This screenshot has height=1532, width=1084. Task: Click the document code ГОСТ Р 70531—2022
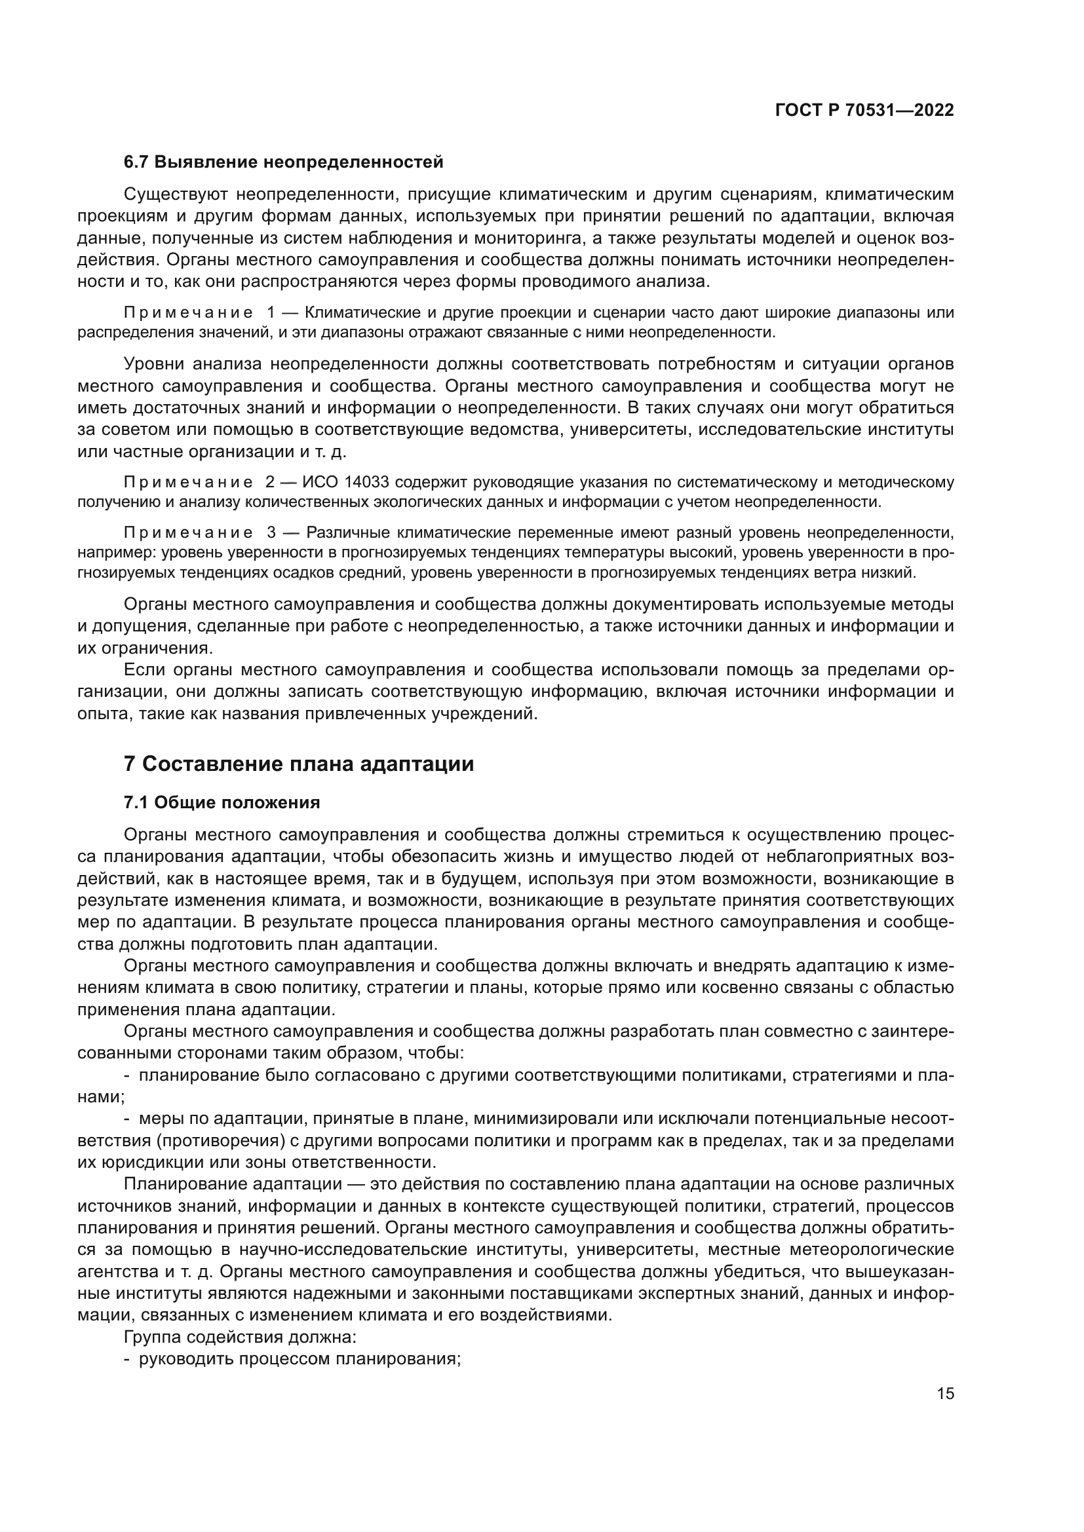(x=864, y=111)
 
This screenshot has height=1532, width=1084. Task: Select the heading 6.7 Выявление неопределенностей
(x=283, y=162)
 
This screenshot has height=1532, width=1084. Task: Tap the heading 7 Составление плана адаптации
(x=298, y=763)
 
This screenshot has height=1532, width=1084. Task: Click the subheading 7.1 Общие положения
(x=222, y=803)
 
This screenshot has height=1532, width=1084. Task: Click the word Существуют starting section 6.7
(x=176, y=194)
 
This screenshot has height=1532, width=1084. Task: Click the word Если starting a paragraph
(x=144, y=670)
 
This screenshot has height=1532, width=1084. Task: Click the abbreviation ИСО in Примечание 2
(x=318, y=482)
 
